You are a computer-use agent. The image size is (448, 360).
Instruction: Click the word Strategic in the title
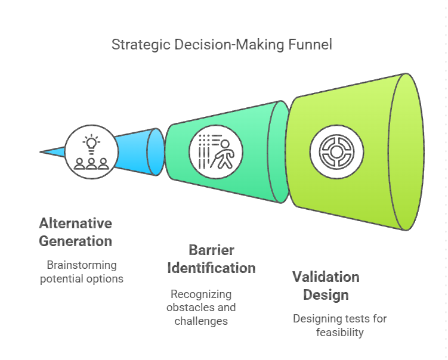click(141, 45)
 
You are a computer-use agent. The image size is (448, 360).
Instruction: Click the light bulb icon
click(91, 144)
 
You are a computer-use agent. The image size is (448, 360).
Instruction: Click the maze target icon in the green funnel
click(336, 152)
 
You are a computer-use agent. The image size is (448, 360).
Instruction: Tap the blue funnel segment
click(140, 152)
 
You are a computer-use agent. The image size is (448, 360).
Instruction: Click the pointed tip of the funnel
click(40, 152)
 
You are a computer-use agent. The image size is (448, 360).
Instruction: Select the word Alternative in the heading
click(75, 224)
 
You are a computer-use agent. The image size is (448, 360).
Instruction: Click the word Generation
click(75, 241)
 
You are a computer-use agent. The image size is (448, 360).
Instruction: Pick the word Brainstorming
click(82, 265)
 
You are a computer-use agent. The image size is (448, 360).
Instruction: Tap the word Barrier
click(211, 250)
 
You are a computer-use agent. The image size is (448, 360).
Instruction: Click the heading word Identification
click(211, 268)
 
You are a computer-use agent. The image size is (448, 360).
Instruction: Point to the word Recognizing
click(201, 294)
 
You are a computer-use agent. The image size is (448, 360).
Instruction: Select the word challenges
click(201, 321)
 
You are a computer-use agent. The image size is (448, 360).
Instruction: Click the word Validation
click(326, 277)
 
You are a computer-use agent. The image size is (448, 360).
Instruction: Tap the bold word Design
click(326, 295)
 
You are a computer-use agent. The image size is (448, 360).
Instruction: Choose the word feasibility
click(339, 333)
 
